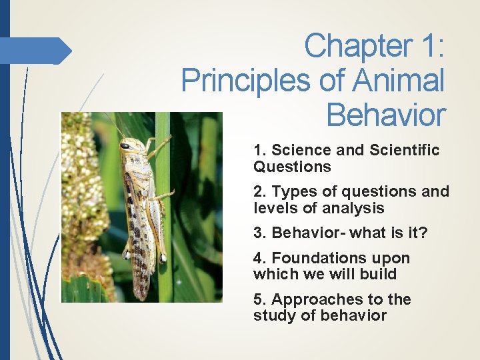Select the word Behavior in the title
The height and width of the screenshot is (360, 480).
(385, 115)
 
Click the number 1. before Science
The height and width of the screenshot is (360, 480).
(260, 150)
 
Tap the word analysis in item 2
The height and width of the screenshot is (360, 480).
(354, 208)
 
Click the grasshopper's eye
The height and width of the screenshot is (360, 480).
(125, 145)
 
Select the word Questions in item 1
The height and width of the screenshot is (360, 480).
(292, 167)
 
